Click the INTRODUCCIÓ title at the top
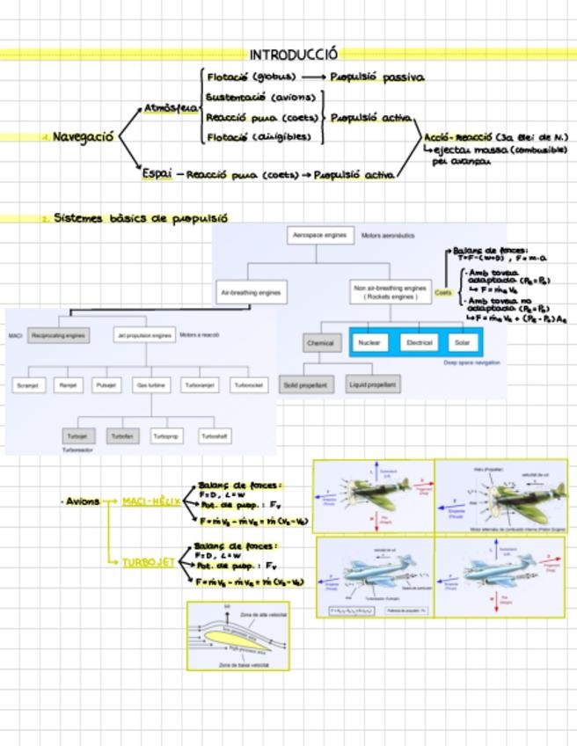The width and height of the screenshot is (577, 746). pos(293,55)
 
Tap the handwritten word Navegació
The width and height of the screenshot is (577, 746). pos(83,137)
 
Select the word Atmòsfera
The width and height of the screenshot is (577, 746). pos(170,108)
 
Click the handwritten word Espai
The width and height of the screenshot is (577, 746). pos(157,173)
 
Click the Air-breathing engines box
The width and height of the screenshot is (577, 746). pos(250,291)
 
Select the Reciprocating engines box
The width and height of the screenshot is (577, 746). pos(58,335)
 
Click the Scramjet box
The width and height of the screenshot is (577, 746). pos(30,385)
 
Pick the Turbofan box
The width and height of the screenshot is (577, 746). pos(123,435)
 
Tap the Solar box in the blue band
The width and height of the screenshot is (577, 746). pos(462,342)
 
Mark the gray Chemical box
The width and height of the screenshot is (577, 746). pos(319,343)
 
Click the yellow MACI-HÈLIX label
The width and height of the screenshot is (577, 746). pos(150,501)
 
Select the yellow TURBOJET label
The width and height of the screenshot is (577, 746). pos(148,562)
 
